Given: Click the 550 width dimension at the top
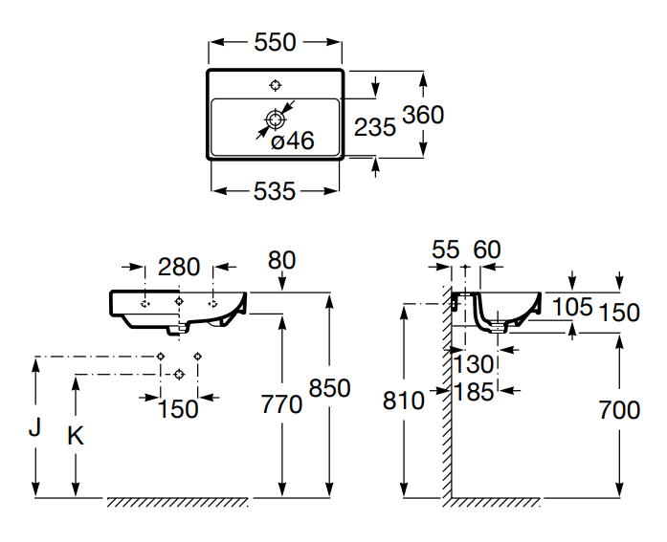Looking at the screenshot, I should tap(275, 42).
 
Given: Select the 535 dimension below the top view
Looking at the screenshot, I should tap(275, 191).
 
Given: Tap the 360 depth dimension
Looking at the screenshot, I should tap(422, 115).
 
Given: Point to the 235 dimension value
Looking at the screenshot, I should tap(374, 127).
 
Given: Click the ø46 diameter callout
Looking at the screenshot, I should tap(293, 141).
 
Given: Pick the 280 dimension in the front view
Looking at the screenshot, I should tap(179, 267).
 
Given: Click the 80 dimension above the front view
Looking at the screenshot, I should tap(282, 259).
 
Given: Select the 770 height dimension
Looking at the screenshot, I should tap(281, 404).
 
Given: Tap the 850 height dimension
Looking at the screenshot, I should tap(330, 388).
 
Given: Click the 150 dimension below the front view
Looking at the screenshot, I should tap(178, 408).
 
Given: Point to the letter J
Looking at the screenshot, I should tap(35, 427).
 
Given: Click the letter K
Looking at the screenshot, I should tap(75, 436).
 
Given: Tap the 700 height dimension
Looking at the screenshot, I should tap(618, 410).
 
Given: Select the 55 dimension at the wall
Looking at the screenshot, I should tap(446, 249).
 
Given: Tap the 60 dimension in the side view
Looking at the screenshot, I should tap(487, 249).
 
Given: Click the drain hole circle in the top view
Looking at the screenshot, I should tap(276, 119).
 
